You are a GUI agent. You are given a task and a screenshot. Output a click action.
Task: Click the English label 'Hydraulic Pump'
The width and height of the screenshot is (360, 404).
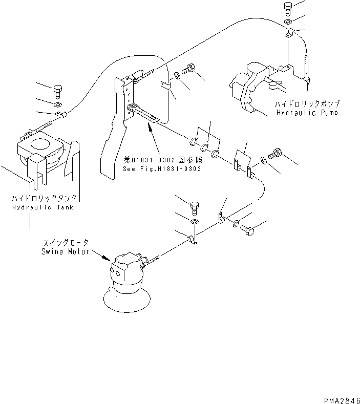(306, 112)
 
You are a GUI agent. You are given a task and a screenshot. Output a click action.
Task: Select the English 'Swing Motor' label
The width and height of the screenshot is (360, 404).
(65, 252)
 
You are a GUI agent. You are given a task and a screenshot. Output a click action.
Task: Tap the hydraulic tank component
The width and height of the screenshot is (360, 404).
(41, 154)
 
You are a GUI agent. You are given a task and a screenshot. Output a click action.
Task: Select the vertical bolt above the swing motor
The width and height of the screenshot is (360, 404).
(194, 208)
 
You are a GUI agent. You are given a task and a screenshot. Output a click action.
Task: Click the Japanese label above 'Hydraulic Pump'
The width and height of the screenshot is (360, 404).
(306, 103)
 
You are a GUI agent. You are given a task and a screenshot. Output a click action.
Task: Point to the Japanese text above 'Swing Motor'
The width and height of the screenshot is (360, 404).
(65, 244)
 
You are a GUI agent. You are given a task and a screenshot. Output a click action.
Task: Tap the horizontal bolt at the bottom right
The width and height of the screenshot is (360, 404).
(249, 232)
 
